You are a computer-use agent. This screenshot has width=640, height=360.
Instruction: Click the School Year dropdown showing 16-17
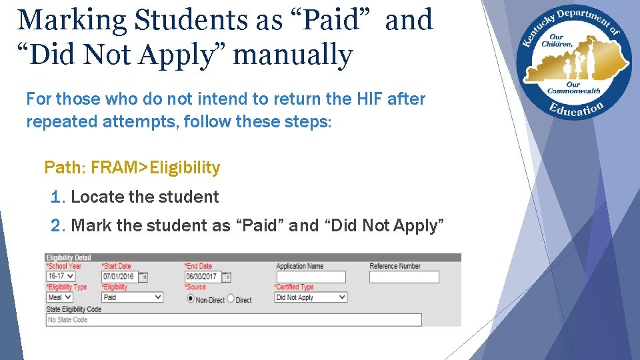click(x=61, y=276)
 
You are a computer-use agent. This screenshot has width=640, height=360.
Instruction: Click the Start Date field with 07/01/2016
click(x=119, y=277)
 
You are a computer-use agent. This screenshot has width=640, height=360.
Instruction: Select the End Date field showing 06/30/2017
click(x=202, y=277)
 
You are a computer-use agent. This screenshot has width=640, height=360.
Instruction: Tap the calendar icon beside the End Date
click(x=227, y=277)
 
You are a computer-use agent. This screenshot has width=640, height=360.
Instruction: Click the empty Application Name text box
click(x=311, y=277)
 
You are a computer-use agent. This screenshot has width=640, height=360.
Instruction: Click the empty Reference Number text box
click(x=404, y=277)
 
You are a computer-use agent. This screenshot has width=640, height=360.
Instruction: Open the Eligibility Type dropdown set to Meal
click(x=59, y=297)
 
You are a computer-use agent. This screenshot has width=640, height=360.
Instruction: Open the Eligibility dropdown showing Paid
click(x=132, y=297)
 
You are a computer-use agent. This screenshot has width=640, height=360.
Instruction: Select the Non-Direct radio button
click(x=191, y=299)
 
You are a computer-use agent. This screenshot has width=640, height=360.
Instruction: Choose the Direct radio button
click(x=231, y=299)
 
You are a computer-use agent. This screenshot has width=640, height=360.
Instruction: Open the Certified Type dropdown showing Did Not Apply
click(x=311, y=297)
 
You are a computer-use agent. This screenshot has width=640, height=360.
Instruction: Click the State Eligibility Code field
click(x=233, y=320)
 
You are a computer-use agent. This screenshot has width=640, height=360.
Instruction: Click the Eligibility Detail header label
click(x=69, y=257)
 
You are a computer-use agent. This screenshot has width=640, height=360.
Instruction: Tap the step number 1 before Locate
click(x=56, y=197)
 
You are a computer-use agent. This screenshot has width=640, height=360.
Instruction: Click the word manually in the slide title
click(x=293, y=55)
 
